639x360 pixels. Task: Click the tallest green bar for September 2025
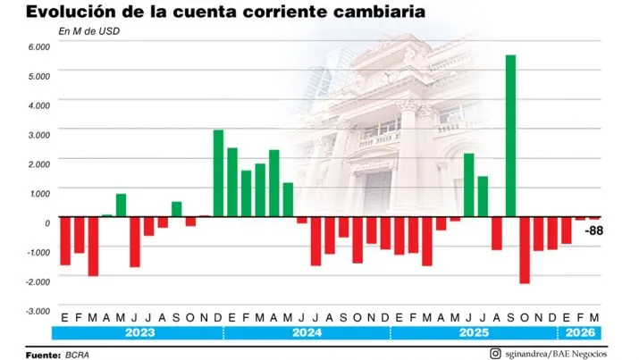[x=510, y=136]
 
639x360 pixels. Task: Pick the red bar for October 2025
[x=525, y=250]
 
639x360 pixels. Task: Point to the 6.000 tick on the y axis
[x=39, y=46]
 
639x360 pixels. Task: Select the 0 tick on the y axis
[x=46, y=222]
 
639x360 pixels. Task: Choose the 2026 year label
[x=578, y=332]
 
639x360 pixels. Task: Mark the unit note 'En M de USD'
[x=89, y=31]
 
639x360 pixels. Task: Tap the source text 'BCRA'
[x=78, y=353]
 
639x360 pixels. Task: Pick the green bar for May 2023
[x=121, y=205]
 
